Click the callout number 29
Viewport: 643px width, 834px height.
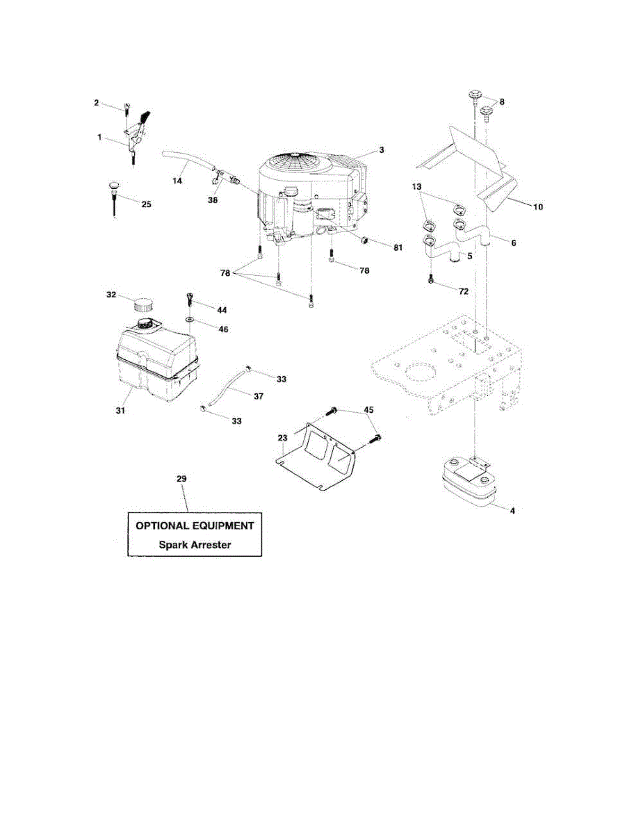coord(181,480)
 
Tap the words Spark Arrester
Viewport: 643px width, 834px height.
coord(194,545)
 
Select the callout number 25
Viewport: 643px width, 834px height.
coord(145,204)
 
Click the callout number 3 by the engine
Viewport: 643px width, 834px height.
coord(382,149)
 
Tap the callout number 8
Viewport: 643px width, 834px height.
coord(501,101)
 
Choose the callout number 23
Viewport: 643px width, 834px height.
coord(282,438)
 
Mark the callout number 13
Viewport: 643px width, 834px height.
coord(416,187)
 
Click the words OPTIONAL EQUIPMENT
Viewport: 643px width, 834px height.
coord(194,526)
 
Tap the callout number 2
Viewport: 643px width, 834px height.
coord(97,103)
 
